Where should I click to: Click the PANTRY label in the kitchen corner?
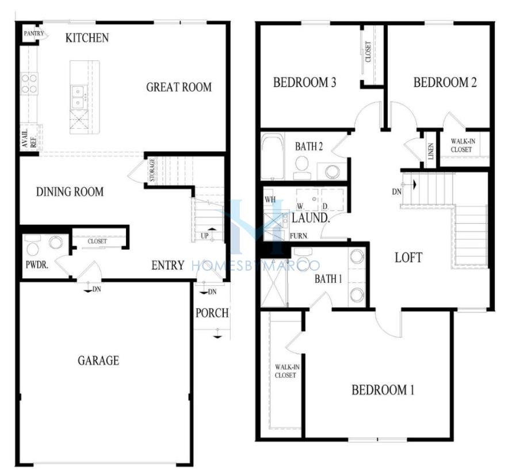point(33,33)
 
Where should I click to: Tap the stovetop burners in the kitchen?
point(29,83)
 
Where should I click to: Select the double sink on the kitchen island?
point(78,97)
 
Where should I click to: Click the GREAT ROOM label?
point(179,87)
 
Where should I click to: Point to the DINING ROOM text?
point(70,192)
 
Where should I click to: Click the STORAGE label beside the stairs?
point(152,170)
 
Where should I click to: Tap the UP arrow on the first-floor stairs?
point(212,230)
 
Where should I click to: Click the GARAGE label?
point(98,361)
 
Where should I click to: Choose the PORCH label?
point(212,313)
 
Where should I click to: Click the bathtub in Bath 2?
point(273,156)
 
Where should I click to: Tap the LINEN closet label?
point(431,151)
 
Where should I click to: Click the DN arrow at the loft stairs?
point(414,185)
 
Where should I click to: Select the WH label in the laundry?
point(270,199)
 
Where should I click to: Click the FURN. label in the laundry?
point(299,236)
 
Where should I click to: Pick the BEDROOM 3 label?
point(305,82)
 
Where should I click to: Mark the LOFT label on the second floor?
point(408,258)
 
